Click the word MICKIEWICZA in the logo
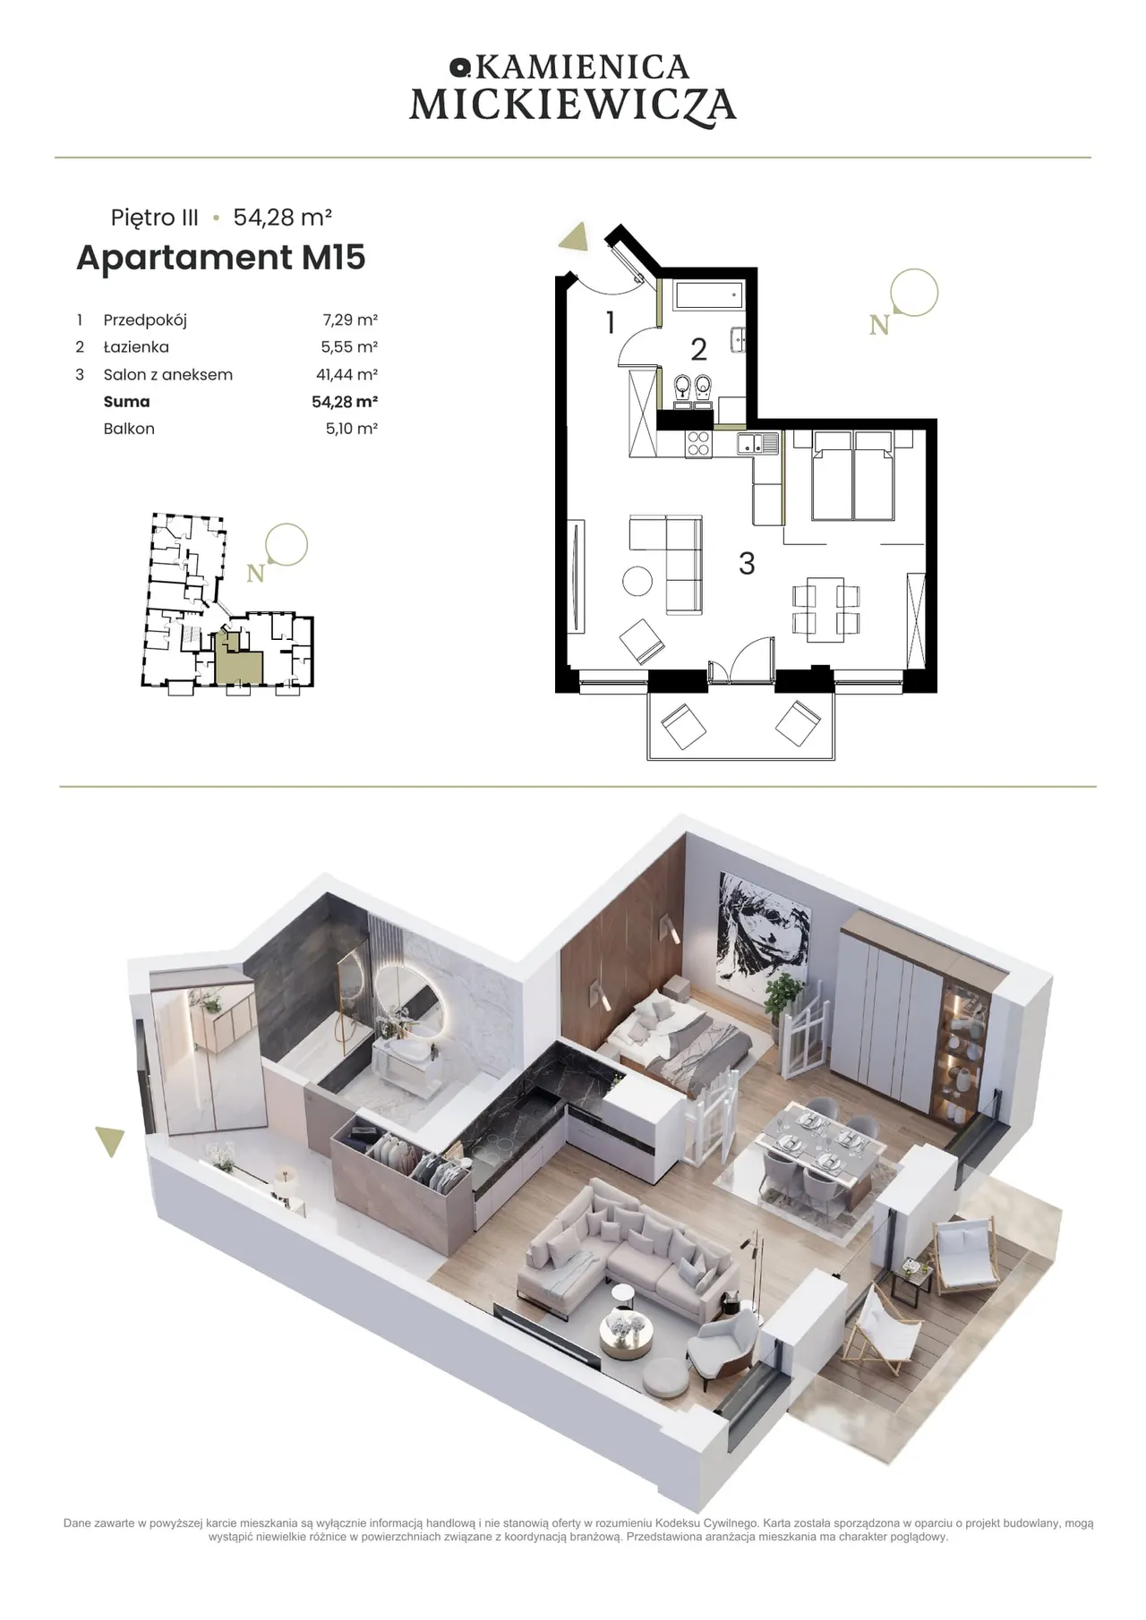click(x=573, y=106)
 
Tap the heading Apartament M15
click(x=221, y=257)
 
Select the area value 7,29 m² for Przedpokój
click(x=350, y=320)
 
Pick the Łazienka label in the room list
click(x=136, y=347)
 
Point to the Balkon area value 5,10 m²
click(x=351, y=429)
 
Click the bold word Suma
click(x=126, y=402)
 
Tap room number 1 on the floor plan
click(x=611, y=322)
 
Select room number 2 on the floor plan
click(x=699, y=349)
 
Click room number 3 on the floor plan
click(x=747, y=563)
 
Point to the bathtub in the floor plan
click(x=708, y=295)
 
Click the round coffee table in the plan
click(x=638, y=581)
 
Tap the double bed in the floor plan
click(x=852, y=475)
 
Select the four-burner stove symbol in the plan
click(x=698, y=444)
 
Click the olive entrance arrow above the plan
click(x=573, y=237)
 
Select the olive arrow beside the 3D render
click(x=110, y=1141)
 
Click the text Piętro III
click(x=155, y=217)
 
